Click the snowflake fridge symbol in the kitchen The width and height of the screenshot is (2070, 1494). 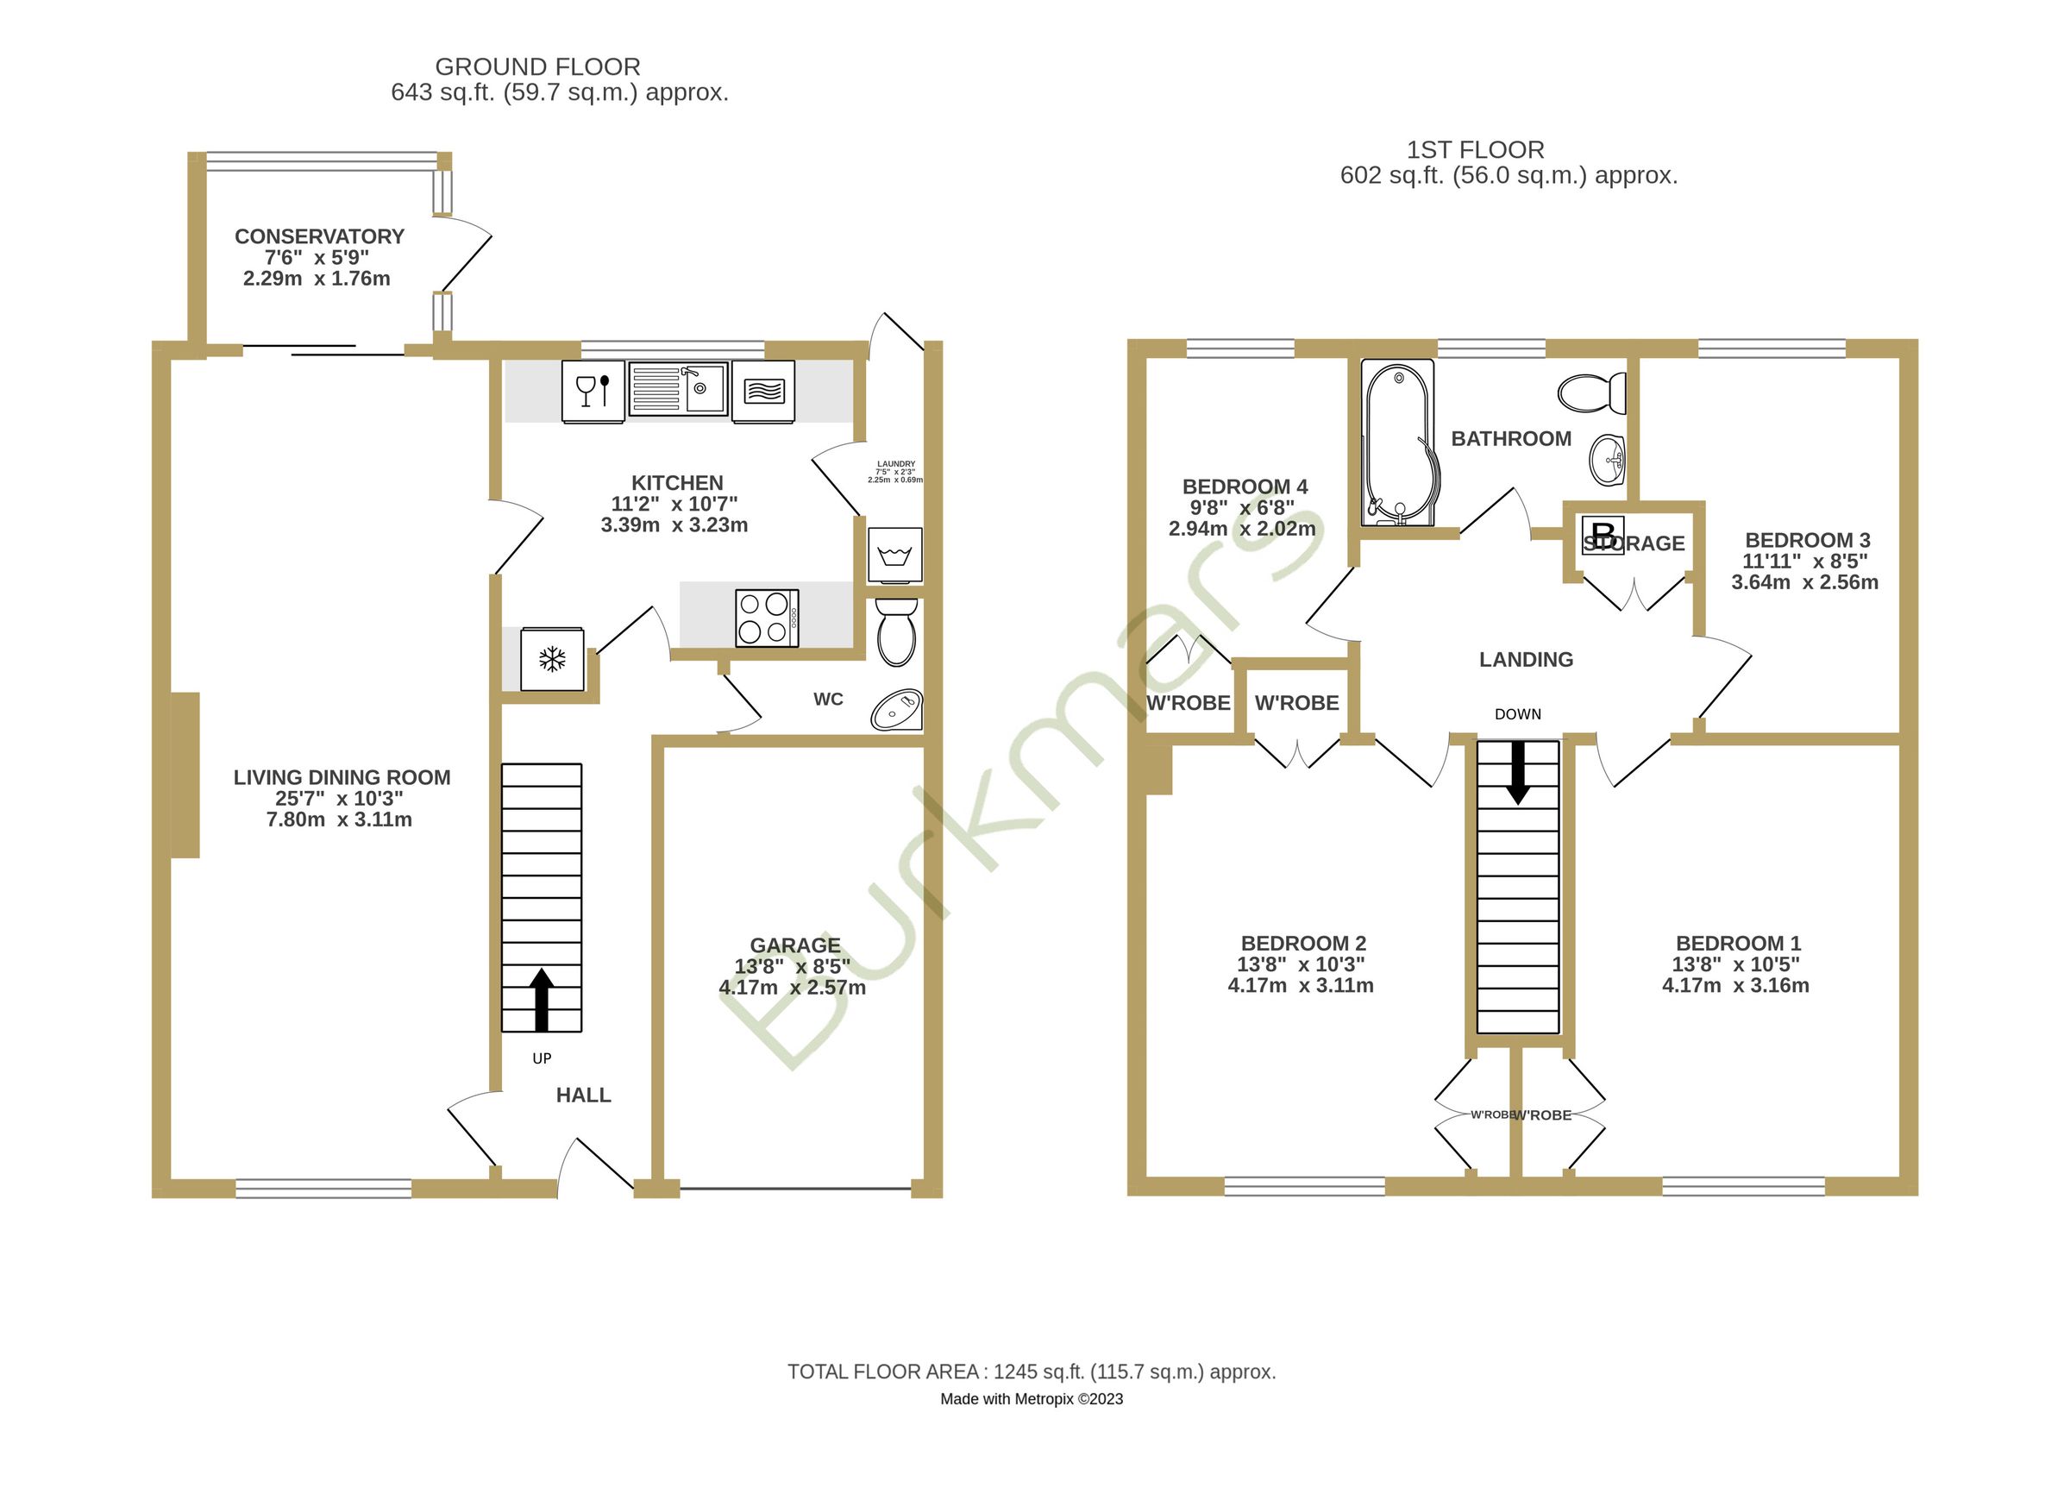(551, 659)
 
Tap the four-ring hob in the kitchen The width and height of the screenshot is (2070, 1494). (767, 618)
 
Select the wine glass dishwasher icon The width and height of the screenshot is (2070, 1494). (593, 392)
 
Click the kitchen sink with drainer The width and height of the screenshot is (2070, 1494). (678, 390)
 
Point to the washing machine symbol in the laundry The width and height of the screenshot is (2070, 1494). (894, 554)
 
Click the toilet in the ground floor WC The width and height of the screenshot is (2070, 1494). (895, 631)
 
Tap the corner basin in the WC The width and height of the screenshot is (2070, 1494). (896, 710)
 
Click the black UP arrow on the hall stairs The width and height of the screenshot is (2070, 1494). (542, 1001)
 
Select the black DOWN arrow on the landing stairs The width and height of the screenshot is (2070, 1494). (1518, 772)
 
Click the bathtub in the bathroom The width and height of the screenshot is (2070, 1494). (1397, 443)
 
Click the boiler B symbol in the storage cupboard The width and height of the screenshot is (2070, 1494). (1602, 535)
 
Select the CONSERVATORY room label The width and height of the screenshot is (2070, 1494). (319, 236)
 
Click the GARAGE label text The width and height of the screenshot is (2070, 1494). (795, 945)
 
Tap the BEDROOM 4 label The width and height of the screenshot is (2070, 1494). (1245, 487)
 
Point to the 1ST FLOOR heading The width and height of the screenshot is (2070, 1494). (1475, 150)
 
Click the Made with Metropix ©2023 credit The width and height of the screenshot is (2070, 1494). (1032, 1399)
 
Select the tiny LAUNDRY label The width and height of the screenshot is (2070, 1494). (895, 463)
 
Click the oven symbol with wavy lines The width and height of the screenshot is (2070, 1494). (763, 392)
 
